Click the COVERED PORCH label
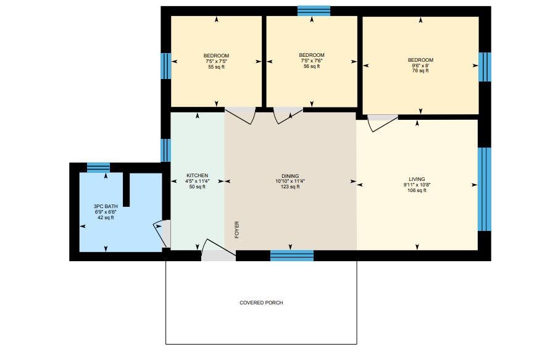(261, 303)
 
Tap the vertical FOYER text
(237, 230)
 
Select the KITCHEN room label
(197, 175)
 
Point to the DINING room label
(290, 176)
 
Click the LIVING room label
(417, 179)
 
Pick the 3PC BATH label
(106, 206)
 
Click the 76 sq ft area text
(420, 71)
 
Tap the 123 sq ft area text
(290, 186)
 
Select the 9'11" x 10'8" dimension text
(417, 185)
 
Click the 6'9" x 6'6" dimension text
(106, 212)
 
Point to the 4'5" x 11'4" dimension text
(197, 182)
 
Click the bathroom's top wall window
(99, 167)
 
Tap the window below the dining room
(292, 256)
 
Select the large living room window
(485, 190)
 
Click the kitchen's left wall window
(166, 150)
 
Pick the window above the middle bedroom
(314, 11)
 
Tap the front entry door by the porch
(218, 250)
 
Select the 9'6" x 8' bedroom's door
(383, 123)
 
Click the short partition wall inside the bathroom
(127, 190)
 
